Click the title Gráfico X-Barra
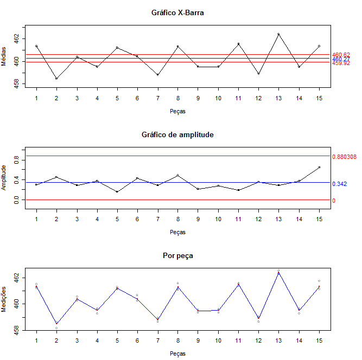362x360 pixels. tap(177, 12)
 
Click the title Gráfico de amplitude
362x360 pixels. tap(177, 134)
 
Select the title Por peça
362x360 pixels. tap(177, 255)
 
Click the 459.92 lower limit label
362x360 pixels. tap(341, 63)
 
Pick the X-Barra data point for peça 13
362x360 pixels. tap(278, 34)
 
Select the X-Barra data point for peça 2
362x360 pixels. tap(56, 79)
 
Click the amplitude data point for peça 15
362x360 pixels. tap(319, 168)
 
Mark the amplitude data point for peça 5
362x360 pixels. tap(117, 191)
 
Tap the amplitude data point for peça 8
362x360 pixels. tap(177, 175)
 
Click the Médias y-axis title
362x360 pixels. tap(5, 56)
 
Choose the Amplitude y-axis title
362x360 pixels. tap(5, 178)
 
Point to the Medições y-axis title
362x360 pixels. tap(5, 299)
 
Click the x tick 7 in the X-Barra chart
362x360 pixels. tap(157, 98)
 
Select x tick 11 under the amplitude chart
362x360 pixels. tap(238, 219)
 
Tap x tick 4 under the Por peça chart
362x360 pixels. tap(97, 340)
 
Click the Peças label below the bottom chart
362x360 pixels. tap(177, 353)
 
